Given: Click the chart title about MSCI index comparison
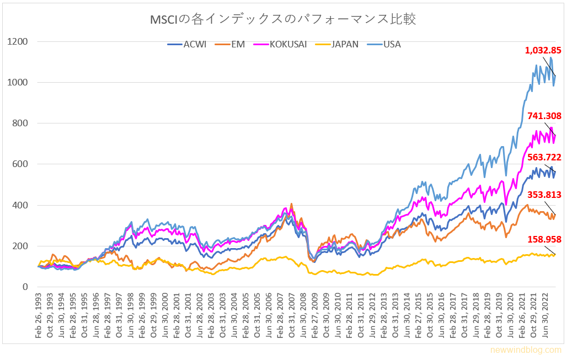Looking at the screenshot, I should point(283,19).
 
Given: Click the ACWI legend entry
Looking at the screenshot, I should point(187,44).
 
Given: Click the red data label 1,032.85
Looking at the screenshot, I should point(543,50).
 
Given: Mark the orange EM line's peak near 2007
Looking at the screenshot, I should point(291,204).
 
